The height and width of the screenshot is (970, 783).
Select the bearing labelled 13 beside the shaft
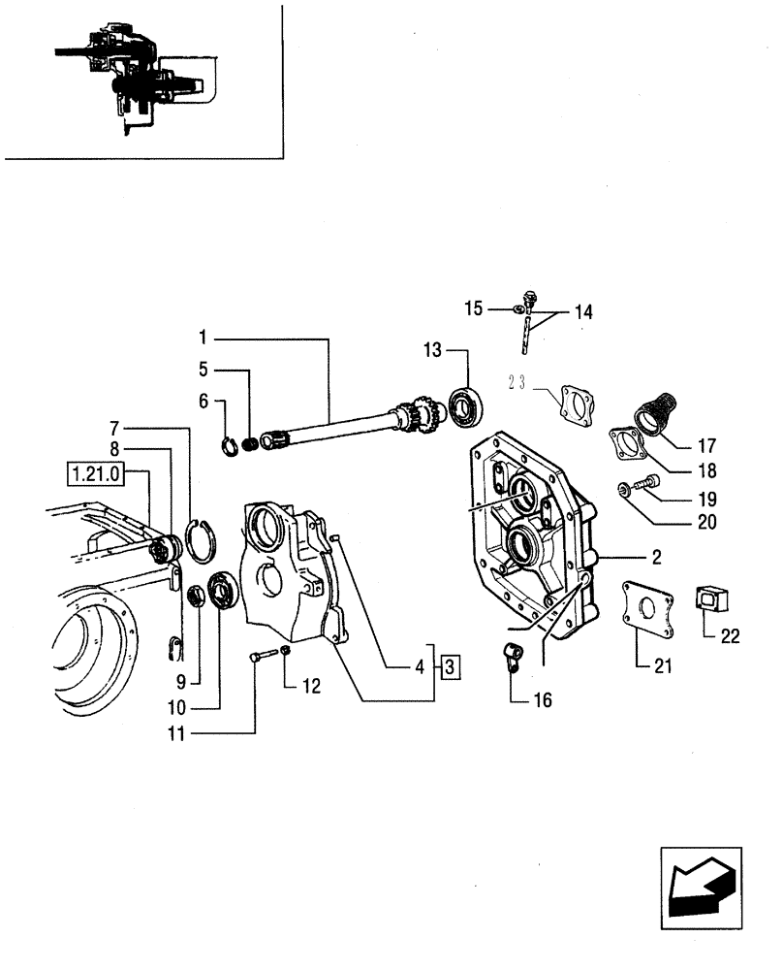click(x=467, y=405)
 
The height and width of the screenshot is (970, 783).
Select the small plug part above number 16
click(x=512, y=655)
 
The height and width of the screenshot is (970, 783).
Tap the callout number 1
click(x=204, y=338)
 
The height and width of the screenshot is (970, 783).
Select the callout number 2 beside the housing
click(x=655, y=558)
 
